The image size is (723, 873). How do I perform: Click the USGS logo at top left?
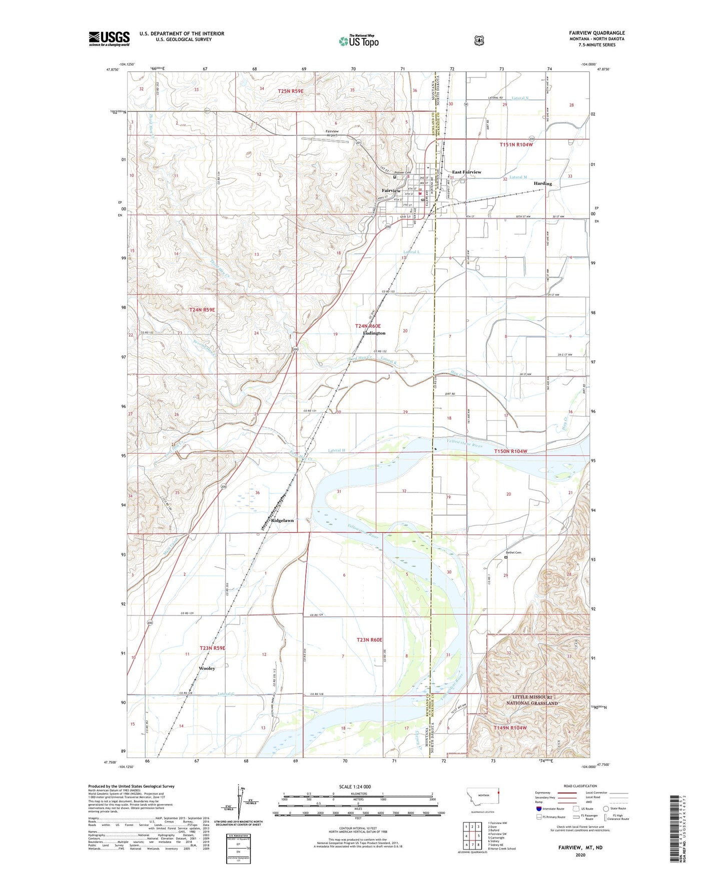(x=109, y=38)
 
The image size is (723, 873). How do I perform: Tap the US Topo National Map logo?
(x=358, y=41)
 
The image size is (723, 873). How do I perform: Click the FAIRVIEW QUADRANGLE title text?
(x=596, y=33)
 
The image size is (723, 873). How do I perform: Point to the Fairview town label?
(x=391, y=191)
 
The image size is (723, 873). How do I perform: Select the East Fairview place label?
(x=466, y=172)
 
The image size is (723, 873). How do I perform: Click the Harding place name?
(x=542, y=183)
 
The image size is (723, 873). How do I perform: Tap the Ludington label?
(x=374, y=333)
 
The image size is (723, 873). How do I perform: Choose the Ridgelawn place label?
(x=282, y=520)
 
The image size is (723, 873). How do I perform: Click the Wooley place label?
(x=207, y=668)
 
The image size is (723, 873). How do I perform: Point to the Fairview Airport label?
(x=329, y=133)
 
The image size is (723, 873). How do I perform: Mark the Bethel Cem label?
(x=513, y=552)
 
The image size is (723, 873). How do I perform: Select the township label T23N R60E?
(x=369, y=640)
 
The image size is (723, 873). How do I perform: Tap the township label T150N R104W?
(x=510, y=451)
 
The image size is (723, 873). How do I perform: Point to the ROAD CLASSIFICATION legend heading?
(x=580, y=786)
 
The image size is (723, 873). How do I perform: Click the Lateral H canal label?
(x=336, y=450)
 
